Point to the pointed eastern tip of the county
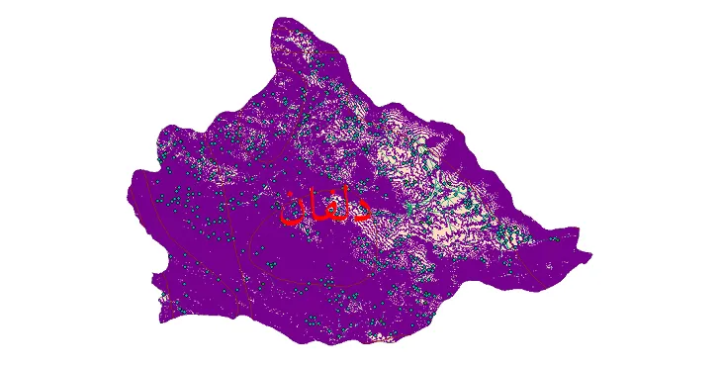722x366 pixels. click(591, 257)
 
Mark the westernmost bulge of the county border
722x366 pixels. click(130, 193)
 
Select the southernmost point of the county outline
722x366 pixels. click(326, 344)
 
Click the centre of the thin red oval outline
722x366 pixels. click(307, 247)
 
